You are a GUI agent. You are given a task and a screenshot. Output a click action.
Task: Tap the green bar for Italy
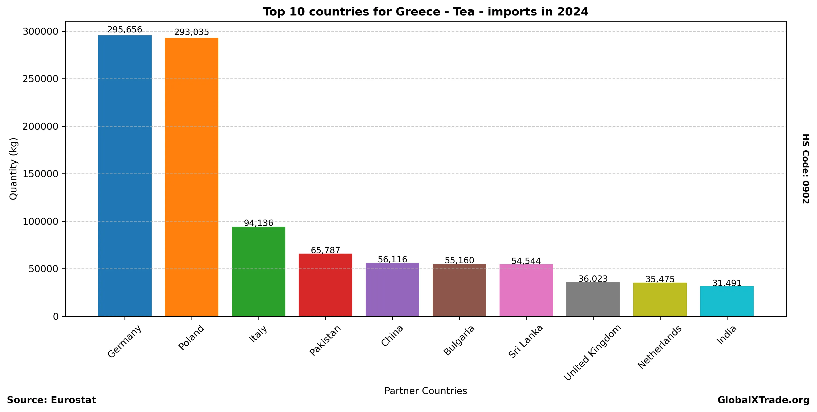coord(259,271)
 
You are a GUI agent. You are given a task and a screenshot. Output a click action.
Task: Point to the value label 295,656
coord(125,30)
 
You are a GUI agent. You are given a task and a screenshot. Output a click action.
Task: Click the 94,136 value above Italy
coord(259,223)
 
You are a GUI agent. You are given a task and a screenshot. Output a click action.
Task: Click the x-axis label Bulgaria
coord(459,340)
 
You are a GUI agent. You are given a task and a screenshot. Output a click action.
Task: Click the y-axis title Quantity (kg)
coord(13,169)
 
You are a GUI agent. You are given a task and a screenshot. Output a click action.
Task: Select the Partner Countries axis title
coord(426,391)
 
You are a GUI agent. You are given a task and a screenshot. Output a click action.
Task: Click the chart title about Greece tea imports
coord(426,12)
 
